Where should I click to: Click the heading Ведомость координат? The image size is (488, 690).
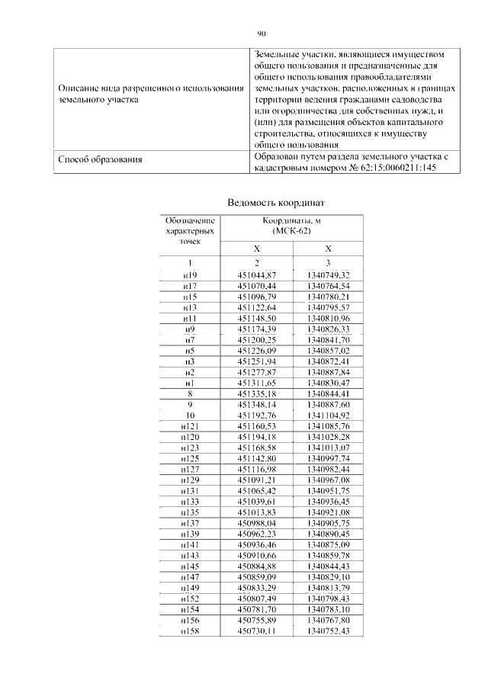pos(276,203)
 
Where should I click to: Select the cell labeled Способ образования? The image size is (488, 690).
pos(101,160)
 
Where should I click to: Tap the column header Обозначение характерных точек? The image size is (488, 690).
pos(190,230)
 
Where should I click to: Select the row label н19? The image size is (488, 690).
pos(190,274)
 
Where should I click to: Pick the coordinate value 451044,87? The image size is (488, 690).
pos(257,274)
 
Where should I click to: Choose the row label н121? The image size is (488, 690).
pos(190,425)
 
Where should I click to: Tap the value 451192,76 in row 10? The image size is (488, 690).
pos(257,415)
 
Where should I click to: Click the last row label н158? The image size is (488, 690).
pos(190,631)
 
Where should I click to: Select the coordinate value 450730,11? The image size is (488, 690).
pos(257,631)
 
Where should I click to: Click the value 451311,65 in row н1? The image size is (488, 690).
pos(257,382)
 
